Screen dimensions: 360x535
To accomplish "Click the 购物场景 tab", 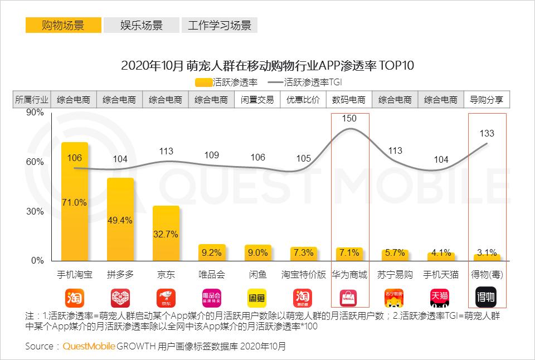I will pos(63,26).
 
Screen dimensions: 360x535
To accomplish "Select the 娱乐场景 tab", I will pos(142,26).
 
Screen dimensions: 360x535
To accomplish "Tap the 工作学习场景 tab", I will pos(220,26).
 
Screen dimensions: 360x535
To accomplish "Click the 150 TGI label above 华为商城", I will pos(349,118).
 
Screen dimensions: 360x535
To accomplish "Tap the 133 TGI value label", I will pos(487,134).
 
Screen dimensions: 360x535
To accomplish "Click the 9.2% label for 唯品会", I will pos(212,252).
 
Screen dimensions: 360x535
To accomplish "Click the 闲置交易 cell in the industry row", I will pos(257,100).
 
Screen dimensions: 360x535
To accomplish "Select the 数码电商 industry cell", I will pos(349,100).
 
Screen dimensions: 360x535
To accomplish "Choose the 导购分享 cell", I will pos(487,100).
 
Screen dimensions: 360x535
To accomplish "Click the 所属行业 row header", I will pos(32,100).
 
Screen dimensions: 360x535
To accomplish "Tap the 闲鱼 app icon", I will pos(257,296).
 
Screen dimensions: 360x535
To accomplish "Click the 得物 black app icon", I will pos(486,296).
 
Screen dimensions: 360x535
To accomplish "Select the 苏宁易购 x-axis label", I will pos(395,275).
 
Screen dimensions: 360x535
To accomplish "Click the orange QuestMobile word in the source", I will pos(89,346).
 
